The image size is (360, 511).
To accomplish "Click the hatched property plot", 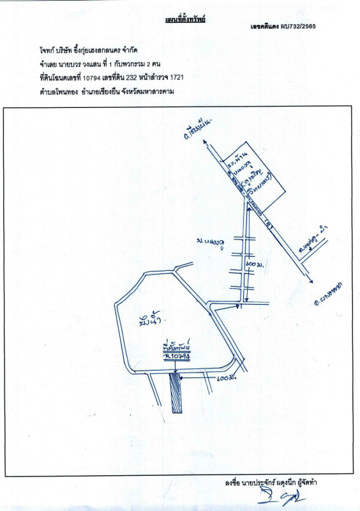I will point(176,394).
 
